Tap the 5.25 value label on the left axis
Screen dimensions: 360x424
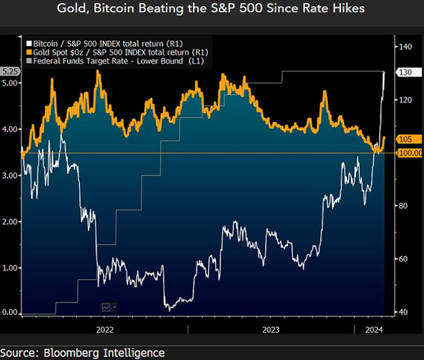point(10,72)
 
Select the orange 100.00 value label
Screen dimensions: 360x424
point(410,153)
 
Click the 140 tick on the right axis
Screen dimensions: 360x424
point(406,47)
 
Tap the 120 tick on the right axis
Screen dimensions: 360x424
point(406,100)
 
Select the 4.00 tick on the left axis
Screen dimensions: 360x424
point(10,130)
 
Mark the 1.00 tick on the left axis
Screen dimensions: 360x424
point(10,267)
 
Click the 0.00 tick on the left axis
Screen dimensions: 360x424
point(10,312)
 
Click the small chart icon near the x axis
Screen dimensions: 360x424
point(106,306)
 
